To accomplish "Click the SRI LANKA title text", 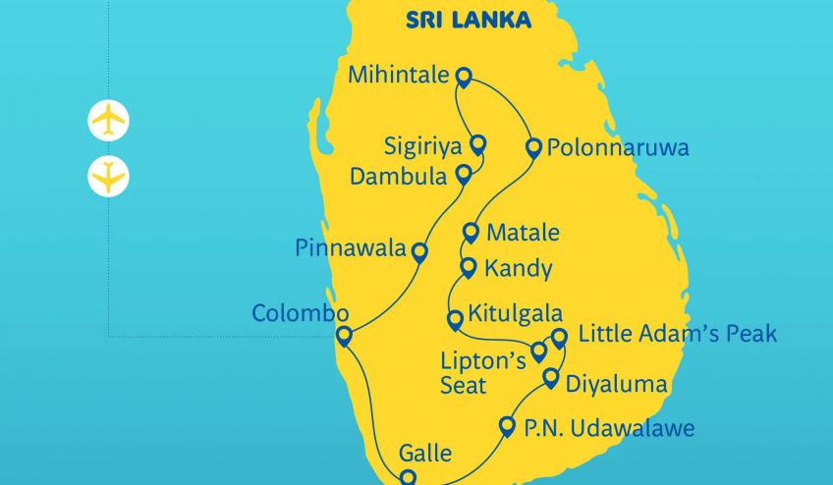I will coord(468,20).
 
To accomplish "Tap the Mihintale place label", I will coord(399,75).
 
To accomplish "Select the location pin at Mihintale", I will coord(463,77).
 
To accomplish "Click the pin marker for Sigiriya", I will coord(478,144).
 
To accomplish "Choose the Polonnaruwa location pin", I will coord(533,148).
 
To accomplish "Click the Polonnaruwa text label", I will coord(618,149).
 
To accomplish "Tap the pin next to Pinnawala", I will coord(419,251).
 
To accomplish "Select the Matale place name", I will coord(523,234).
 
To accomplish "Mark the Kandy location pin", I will coord(469,267).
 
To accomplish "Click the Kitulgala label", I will coord(515,315).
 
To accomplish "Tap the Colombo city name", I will coord(301,314).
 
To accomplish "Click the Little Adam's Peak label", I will coord(677,334).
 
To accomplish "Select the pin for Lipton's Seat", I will coord(538,350).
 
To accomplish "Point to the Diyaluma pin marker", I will coord(550,378).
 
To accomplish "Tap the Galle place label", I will coord(425,454).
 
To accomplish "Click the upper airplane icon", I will coord(108,121).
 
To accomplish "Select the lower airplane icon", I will coord(108,177).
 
